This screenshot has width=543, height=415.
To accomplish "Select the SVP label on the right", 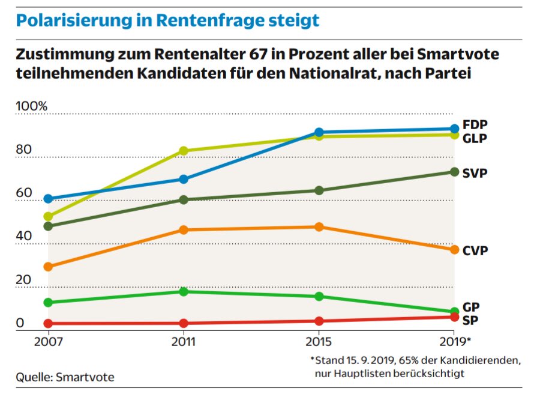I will (x=475, y=173).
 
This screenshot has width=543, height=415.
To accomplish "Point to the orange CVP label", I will (x=475, y=250).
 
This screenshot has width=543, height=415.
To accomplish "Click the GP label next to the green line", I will (x=471, y=307).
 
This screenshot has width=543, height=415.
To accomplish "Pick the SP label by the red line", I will (x=470, y=320).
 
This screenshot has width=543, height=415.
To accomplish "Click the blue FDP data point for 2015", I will (x=319, y=133).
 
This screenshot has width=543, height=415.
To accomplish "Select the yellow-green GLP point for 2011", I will (x=184, y=151).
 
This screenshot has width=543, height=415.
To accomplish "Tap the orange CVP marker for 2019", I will (x=454, y=250).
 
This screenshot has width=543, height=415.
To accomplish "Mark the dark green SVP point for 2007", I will (x=48, y=226).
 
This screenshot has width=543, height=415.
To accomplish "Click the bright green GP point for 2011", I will (x=184, y=291).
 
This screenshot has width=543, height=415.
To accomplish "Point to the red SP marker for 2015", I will (x=319, y=321).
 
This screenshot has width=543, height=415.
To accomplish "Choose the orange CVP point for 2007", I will (x=48, y=267).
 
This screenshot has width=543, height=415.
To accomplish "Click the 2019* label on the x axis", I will (x=455, y=341).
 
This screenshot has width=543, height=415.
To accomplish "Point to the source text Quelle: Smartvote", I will (x=65, y=377).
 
